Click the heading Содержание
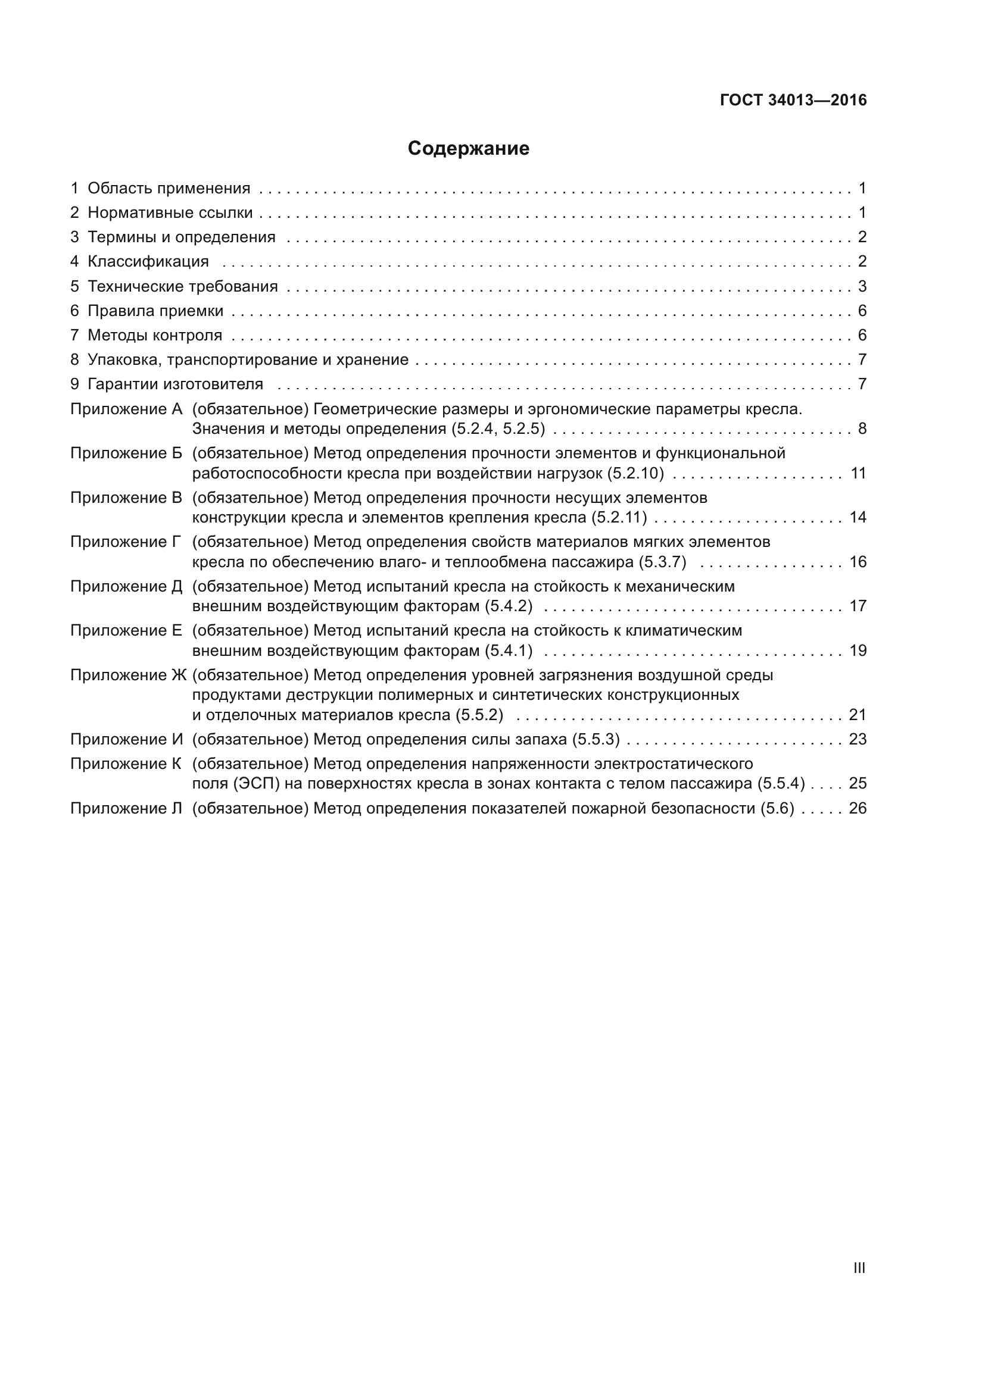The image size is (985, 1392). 468,149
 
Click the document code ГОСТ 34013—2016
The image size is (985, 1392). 793,100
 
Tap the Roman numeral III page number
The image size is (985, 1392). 859,1268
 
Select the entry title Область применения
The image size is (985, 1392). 169,188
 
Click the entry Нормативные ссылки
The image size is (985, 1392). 170,213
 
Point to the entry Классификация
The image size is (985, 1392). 148,262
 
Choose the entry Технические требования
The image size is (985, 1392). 183,286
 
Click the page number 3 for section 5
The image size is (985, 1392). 862,286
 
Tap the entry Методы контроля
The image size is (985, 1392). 155,335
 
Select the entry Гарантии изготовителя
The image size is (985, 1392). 175,384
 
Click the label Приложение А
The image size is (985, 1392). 126,409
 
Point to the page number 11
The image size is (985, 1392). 858,473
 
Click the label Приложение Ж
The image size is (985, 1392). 128,675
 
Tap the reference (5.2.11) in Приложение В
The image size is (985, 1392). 619,517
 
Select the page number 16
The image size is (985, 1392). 858,562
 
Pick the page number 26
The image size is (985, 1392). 858,808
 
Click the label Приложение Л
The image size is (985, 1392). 126,808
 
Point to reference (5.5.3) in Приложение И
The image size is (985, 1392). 596,739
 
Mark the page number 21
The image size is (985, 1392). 858,715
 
